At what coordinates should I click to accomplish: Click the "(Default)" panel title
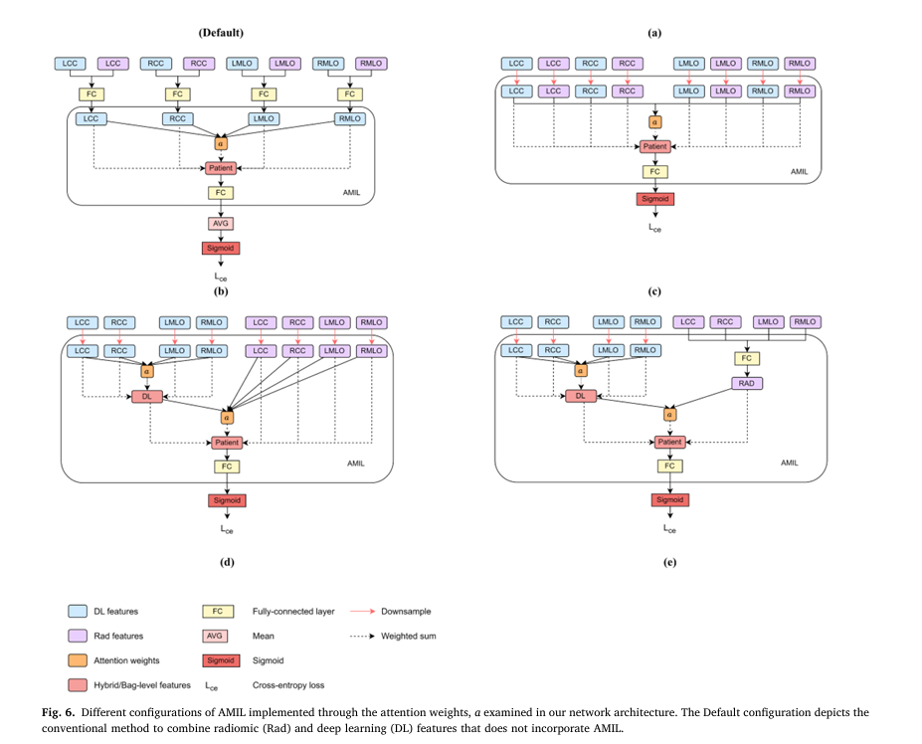(x=220, y=33)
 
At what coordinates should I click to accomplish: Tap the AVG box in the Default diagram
(x=220, y=223)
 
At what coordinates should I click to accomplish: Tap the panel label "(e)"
(x=669, y=563)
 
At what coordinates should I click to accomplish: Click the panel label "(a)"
(x=654, y=33)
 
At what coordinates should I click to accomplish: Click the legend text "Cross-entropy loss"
(x=288, y=685)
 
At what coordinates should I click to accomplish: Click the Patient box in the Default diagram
(x=220, y=168)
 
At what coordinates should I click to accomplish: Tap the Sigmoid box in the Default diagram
(x=220, y=248)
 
